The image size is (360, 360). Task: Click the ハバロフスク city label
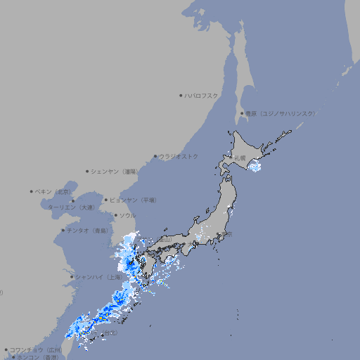pyautogui.click(x=202, y=95)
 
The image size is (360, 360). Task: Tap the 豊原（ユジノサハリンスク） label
pyautogui.click(x=280, y=113)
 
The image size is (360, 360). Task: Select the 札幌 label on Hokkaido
pyautogui.click(x=240, y=160)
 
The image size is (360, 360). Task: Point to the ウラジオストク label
pyautogui.click(x=179, y=156)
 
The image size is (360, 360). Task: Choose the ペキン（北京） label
pyautogui.click(x=53, y=191)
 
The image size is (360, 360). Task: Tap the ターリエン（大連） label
pyautogui.click(x=70, y=207)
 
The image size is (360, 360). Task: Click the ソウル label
pyautogui.click(x=127, y=215)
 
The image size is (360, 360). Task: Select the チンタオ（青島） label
pyautogui.click(x=87, y=231)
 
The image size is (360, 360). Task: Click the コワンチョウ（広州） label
pyautogui.click(x=35, y=349)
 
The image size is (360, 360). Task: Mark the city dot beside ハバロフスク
pyautogui.click(x=181, y=95)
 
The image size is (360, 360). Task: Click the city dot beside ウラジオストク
pyautogui.click(x=155, y=156)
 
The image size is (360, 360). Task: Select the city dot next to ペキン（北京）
pyautogui.click(x=32, y=191)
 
